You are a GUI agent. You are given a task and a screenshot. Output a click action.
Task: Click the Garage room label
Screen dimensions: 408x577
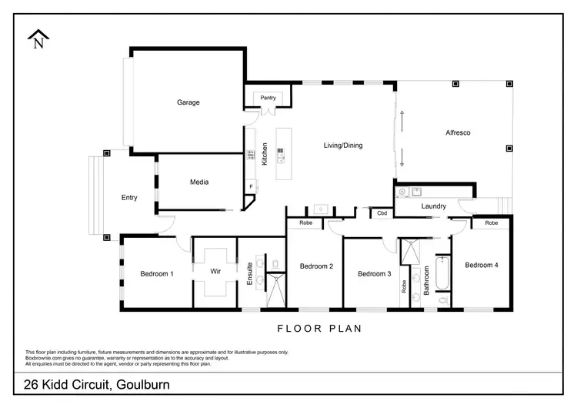click(188, 102)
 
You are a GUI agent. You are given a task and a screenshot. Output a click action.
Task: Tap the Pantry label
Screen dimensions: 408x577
click(268, 98)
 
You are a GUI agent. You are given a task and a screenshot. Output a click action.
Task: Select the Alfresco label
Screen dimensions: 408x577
click(458, 132)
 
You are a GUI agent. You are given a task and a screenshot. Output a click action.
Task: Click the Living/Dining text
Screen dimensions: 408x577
click(342, 145)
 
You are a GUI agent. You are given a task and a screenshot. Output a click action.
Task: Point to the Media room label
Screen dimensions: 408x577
click(199, 182)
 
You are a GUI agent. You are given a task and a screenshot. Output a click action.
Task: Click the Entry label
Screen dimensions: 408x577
click(129, 198)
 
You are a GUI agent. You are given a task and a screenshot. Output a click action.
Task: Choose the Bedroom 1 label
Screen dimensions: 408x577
click(156, 273)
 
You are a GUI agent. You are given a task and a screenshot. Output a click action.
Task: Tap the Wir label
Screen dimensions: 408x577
click(216, 272)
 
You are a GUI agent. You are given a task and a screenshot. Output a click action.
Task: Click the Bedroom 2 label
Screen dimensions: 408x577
click(316, 266)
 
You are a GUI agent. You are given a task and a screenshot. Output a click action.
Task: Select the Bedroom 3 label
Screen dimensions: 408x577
click(375, 273)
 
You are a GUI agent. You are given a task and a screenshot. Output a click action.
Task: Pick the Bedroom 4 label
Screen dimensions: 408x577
click(482, 265)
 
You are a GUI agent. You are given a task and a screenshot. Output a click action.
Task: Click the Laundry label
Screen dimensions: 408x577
click(434, 206)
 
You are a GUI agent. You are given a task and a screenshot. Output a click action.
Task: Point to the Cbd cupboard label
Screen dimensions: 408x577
click(382, 212)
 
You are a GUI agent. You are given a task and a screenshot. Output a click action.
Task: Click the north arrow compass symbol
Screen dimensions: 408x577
click(38, 40)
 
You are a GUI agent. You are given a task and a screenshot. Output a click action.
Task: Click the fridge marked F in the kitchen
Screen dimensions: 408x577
click(251, 186)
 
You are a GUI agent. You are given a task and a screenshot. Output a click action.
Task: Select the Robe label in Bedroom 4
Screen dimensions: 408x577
click(491, 222)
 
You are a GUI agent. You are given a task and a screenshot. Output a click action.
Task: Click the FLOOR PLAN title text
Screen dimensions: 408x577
click(319, 329)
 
